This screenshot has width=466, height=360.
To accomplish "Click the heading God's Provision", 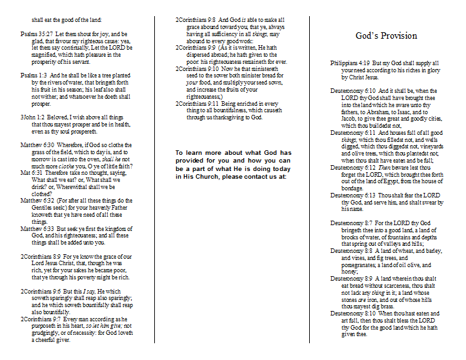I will coord(386,35).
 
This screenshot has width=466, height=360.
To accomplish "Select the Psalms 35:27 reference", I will coord(38,34).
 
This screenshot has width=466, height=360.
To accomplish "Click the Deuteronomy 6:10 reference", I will coord(354,90).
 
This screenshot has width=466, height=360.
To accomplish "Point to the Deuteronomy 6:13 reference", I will coord(354,195).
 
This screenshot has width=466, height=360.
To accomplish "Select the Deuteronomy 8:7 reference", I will coord(352,223).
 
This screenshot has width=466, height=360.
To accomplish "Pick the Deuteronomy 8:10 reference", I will coord(354,314).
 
